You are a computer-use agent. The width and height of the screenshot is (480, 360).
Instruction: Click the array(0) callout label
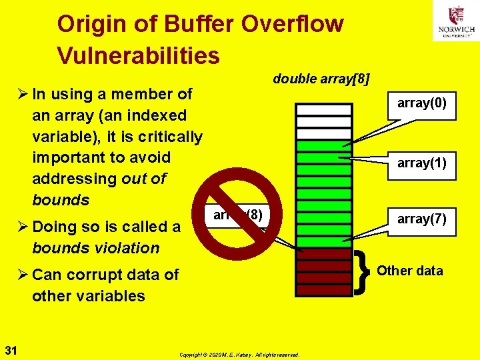[x=421, y=103]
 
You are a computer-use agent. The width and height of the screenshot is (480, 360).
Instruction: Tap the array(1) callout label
[x=421, y=163]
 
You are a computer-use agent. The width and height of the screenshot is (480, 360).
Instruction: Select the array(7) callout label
[x=421, y=219]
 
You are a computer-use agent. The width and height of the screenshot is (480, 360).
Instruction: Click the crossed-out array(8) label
[x=238, y=215]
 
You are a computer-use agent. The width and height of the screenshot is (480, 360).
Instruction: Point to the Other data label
[x=409, y=270]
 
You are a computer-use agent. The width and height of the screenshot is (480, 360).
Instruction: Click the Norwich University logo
[x=455, y=21]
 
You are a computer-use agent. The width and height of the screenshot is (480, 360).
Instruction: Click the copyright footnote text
[x=239, y=354]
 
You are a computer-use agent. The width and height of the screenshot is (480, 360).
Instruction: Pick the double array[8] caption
[x=321, y=79]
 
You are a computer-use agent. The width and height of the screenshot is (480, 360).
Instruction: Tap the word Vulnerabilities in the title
[x=138, y=56]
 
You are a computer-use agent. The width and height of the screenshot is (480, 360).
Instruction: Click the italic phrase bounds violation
[x=95, y=248]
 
